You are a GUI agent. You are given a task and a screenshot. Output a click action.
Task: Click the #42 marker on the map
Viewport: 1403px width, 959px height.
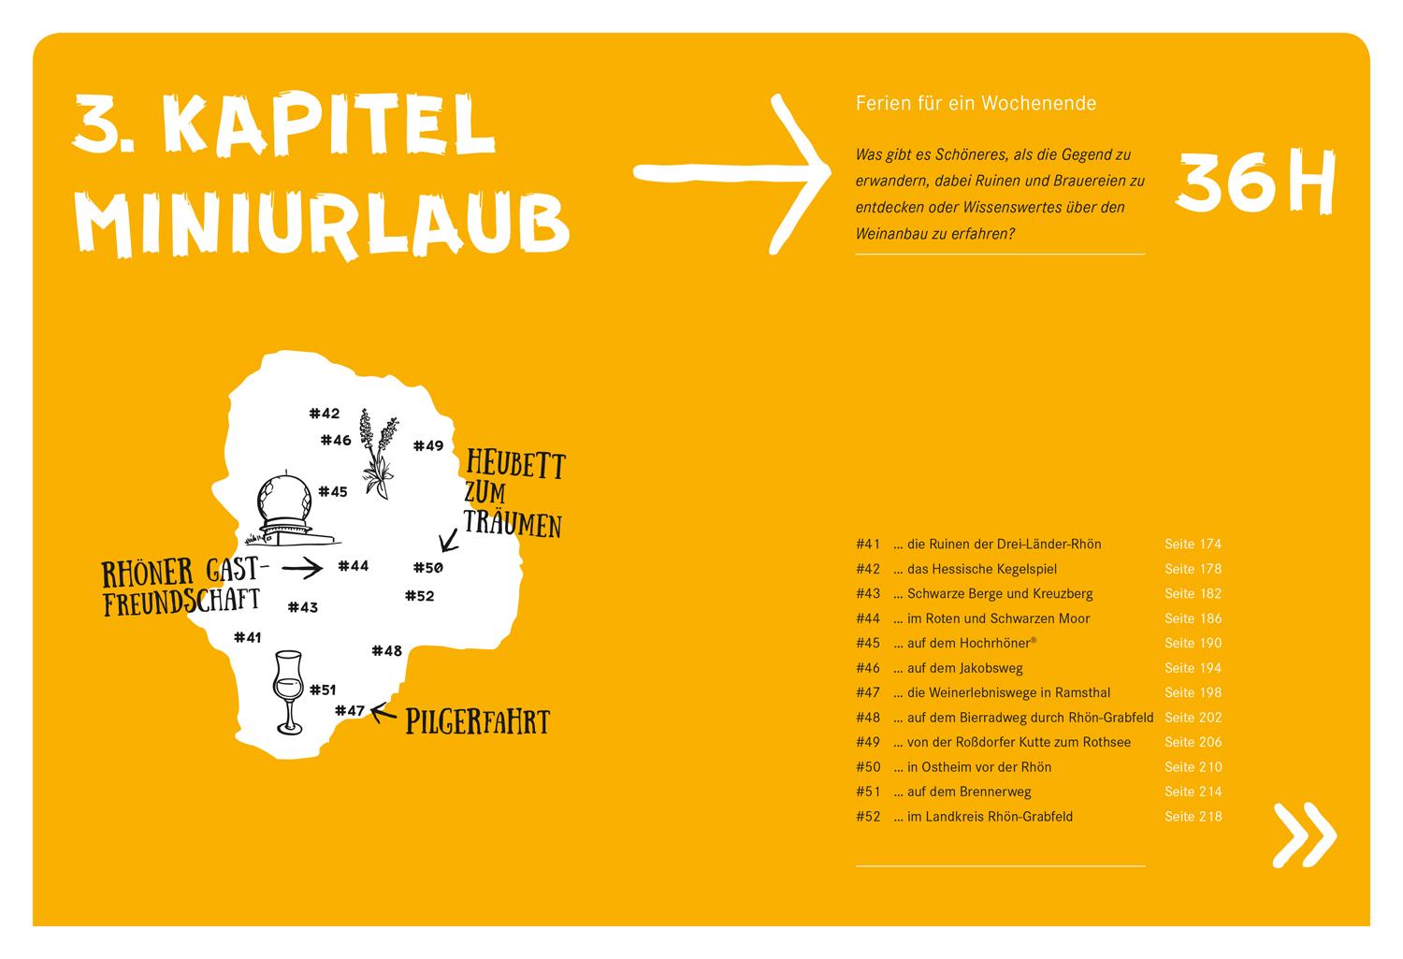tap(324, 413)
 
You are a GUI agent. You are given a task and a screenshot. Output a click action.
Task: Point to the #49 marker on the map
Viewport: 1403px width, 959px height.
tap(428, 445)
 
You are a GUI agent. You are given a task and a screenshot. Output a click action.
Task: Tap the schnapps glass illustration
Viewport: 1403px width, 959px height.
tap(288, 692)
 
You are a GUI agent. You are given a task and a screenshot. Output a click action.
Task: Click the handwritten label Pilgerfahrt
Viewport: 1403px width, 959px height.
tap(477, 721)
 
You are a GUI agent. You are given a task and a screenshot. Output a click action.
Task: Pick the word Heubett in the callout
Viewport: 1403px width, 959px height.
tap(514, 464)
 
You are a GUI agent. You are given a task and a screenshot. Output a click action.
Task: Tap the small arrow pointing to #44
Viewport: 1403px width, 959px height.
tap(301, 567)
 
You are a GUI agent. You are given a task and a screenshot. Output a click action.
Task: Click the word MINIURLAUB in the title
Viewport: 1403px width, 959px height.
tap(321, 221)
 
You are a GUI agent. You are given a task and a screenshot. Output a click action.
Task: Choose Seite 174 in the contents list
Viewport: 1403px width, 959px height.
tap(1193, 544)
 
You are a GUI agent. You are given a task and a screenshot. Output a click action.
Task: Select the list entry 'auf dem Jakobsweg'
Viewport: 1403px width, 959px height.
tap(964, 668)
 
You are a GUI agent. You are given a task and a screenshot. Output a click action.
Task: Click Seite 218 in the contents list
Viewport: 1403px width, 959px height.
tap(1193, 816)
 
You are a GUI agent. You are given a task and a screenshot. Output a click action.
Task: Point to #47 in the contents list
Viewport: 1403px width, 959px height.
tap(868, 692)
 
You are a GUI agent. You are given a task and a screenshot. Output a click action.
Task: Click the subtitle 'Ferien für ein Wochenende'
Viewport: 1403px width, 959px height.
tap(976, 104)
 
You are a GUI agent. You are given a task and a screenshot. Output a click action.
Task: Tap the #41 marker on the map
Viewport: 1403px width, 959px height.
tap(248, 637)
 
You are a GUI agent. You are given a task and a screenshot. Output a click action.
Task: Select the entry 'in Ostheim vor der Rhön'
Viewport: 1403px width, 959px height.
tap(978, 767)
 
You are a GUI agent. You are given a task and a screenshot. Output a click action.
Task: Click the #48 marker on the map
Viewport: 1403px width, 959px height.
tap(386, 650)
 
